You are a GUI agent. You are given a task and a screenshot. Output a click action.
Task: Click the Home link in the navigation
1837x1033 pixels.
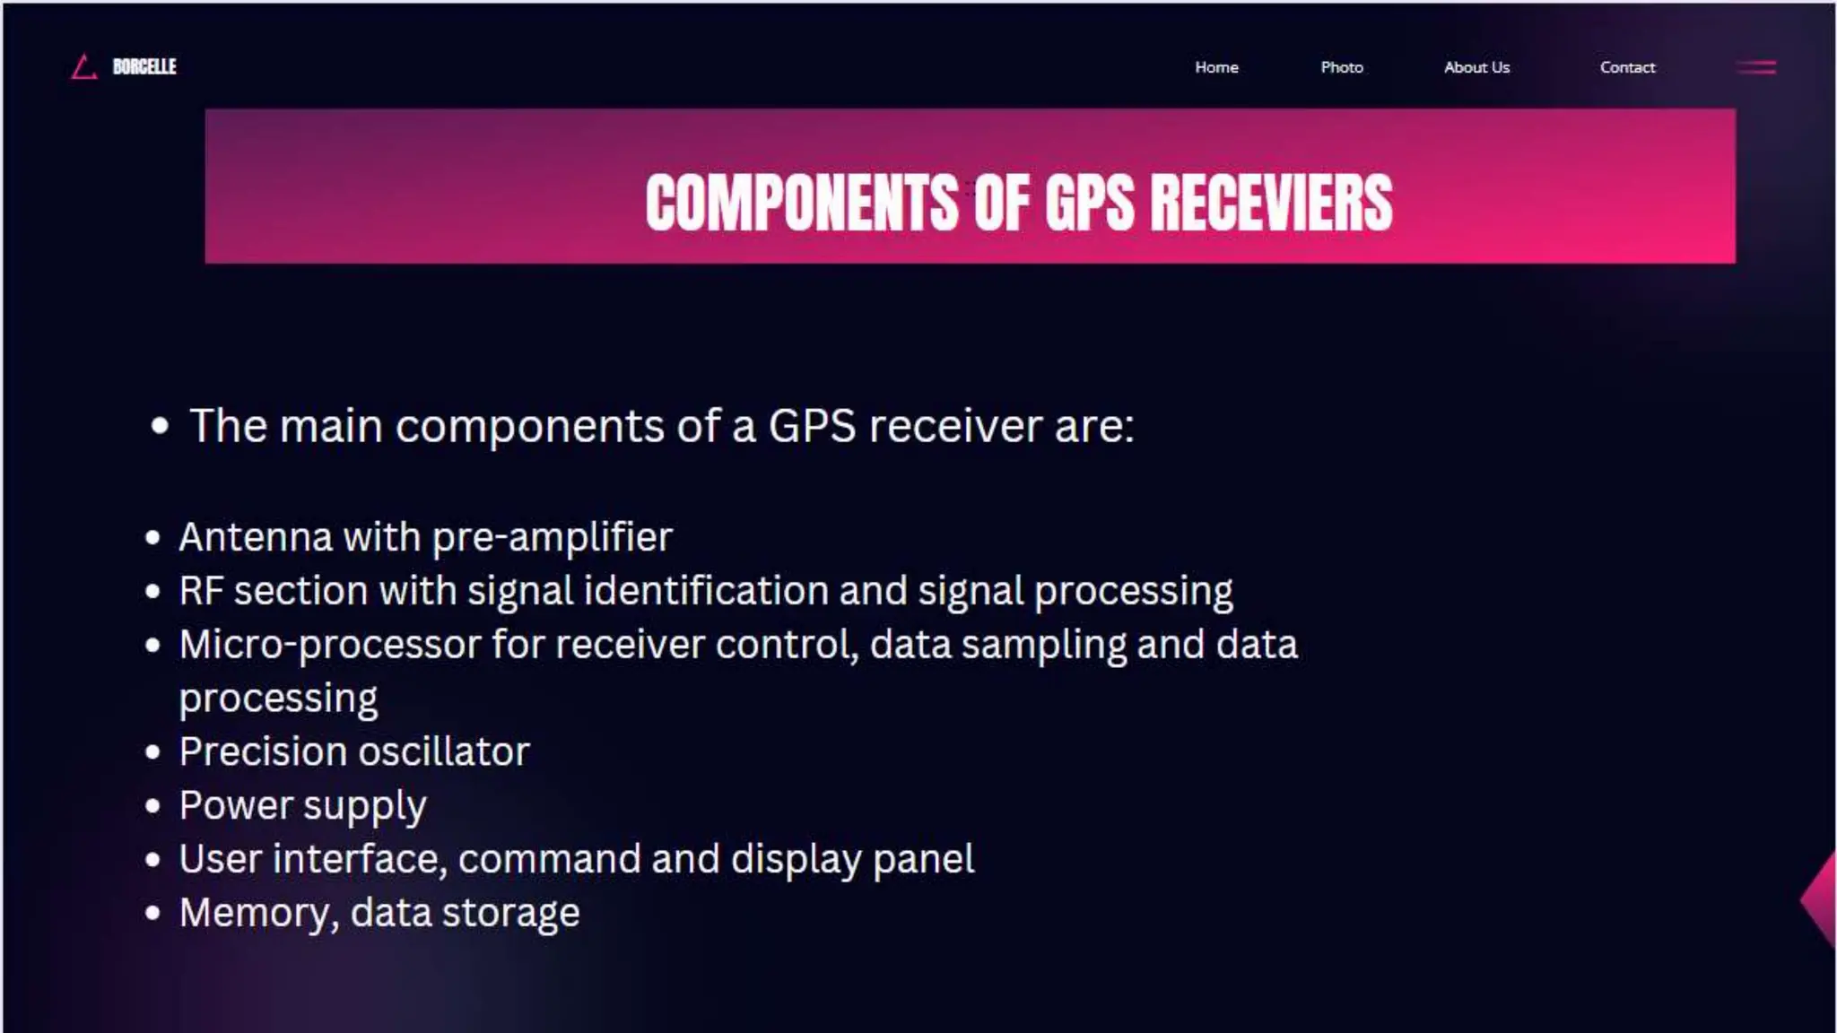click(x=1216, y=67)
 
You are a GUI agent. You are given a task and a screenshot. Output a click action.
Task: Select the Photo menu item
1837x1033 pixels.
click(x=1342, y=67)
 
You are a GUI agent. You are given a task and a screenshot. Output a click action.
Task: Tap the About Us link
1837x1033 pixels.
click(x=1476, y=67)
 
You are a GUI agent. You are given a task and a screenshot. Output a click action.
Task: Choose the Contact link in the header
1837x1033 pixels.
click(x=1627, y=67)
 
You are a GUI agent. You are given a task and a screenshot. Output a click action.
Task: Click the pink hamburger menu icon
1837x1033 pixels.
click(x=1756, y=67)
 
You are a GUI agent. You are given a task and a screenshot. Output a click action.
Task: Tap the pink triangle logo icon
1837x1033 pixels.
click(x=83, y=67)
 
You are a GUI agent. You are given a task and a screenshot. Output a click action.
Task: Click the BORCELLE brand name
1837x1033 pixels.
click(x=144, y=67)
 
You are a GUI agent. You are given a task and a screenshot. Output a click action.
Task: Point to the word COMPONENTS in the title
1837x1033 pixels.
click(x=802, y=204)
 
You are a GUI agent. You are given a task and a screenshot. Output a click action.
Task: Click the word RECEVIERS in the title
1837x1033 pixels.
click(x=1271, y=204)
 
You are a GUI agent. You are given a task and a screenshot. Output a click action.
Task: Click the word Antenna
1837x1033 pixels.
click(x=256, y=538)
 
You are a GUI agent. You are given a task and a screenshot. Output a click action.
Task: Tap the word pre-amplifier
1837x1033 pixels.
click(x=552, y=538)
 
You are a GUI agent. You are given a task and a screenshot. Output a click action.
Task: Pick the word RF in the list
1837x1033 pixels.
click(x=201, y=592)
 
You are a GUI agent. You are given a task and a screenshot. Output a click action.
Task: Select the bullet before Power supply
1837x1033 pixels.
click(x=152, y=806)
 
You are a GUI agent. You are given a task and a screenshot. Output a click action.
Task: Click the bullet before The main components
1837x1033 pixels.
click(x=160, y=426)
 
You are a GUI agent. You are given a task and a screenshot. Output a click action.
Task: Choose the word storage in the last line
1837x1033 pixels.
click(x=510, y=914)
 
